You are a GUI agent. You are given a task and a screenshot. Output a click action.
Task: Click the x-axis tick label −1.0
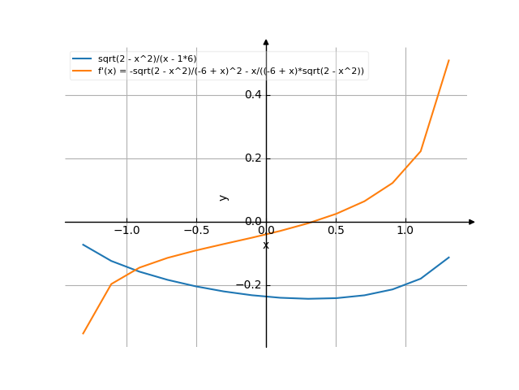point(126,231)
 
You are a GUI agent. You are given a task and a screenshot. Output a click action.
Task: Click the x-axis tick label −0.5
point(195,231)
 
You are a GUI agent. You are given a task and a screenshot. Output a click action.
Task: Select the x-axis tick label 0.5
point(336,231)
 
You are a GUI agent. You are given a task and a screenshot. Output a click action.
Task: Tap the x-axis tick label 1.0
point(405,231)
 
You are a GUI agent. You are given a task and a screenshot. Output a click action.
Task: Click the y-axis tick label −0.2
point(247,285)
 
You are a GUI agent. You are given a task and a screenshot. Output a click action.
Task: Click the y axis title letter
point(224,197)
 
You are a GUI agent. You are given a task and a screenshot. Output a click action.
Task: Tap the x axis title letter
point(266,245)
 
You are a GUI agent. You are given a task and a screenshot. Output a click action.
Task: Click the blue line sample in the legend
point(82,59)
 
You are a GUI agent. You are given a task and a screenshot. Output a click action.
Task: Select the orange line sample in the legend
point(82,71)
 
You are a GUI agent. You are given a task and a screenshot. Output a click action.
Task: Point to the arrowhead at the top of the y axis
point(266,41)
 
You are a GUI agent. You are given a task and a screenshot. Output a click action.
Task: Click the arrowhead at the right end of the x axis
point(472,222)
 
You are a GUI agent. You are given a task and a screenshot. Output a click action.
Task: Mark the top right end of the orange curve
point(449,59)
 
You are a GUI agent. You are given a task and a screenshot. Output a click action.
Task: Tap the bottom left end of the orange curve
point(83,333)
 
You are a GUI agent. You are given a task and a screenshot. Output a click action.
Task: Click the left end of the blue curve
point(83,244)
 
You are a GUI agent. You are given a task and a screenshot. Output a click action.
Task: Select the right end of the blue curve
point(449,257)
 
